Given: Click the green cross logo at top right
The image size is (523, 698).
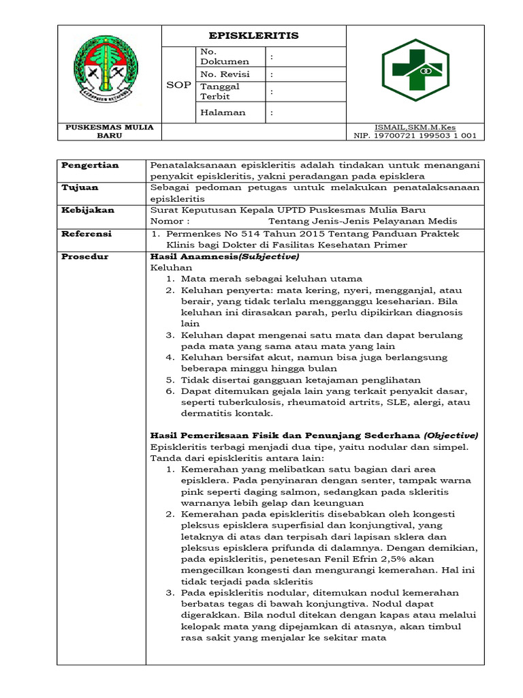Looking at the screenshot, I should (415, 70).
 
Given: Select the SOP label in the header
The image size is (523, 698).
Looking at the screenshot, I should (178, 85).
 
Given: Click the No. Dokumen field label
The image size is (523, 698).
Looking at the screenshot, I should (215, 57).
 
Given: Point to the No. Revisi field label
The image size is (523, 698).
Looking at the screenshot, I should (221, 74).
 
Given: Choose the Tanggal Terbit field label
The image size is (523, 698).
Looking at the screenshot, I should (219, 91).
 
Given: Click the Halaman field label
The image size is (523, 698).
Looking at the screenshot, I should (223, 112).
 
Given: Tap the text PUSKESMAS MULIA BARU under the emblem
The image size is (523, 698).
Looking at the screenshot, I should (109, 131).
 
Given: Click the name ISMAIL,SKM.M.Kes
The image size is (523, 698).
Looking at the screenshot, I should (415, 127).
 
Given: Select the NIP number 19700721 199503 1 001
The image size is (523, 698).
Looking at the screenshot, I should (415, 136).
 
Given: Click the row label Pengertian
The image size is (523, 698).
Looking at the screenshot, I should (91, 165).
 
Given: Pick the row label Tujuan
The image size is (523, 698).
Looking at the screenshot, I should (80, 187).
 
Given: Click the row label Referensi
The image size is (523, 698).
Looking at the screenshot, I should (86, 233).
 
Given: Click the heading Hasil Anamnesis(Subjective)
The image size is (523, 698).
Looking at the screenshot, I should (224, 256).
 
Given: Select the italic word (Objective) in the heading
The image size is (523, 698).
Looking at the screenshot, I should (451, 435).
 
